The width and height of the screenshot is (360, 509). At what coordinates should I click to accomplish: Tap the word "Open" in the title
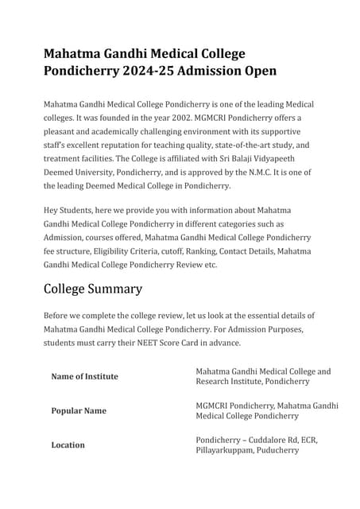click(x=256, y=71)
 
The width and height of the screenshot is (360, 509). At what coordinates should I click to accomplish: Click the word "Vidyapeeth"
click(x=288, y=158)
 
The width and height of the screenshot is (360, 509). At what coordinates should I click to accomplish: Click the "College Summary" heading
click(x=93, y=289)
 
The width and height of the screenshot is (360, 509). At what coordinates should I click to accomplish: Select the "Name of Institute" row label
click(x=84, y=377)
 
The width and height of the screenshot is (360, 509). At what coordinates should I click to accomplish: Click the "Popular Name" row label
click(x=79, y=411)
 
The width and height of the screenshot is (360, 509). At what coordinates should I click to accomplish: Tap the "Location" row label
click(x=68, y=445)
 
